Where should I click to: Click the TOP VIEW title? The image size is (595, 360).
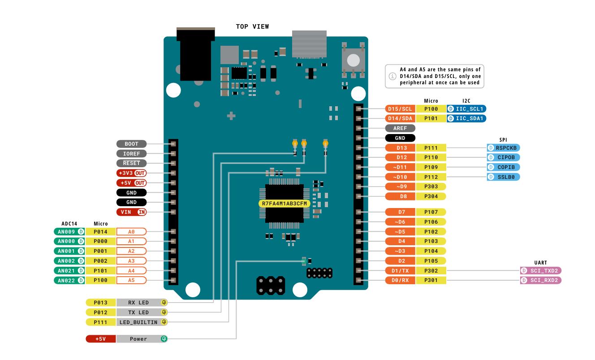click(x=252, y=26)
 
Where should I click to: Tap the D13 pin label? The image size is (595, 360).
click(x=400, y=147)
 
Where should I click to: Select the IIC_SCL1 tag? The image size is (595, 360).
click(x=466, y=109)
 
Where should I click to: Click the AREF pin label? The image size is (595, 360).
click(x=400, y=128)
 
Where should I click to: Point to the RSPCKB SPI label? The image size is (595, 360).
click(x=504, y=147)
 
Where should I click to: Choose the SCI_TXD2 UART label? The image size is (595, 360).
click(x=541, y=270)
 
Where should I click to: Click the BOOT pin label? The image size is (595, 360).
click(x=131, y=144)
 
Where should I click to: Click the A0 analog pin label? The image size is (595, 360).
click(x=131, y=232)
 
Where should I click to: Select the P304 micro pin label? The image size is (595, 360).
click(x=431, y=196)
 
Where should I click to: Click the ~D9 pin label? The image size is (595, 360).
click(x=400, y=187)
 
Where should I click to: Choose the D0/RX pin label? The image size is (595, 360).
click(x=400, y=280)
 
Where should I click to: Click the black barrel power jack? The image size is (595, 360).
click(x=195, y=56)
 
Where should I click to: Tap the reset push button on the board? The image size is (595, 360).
click(x=354, y=60)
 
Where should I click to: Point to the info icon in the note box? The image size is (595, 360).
click(x=392, y=76)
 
